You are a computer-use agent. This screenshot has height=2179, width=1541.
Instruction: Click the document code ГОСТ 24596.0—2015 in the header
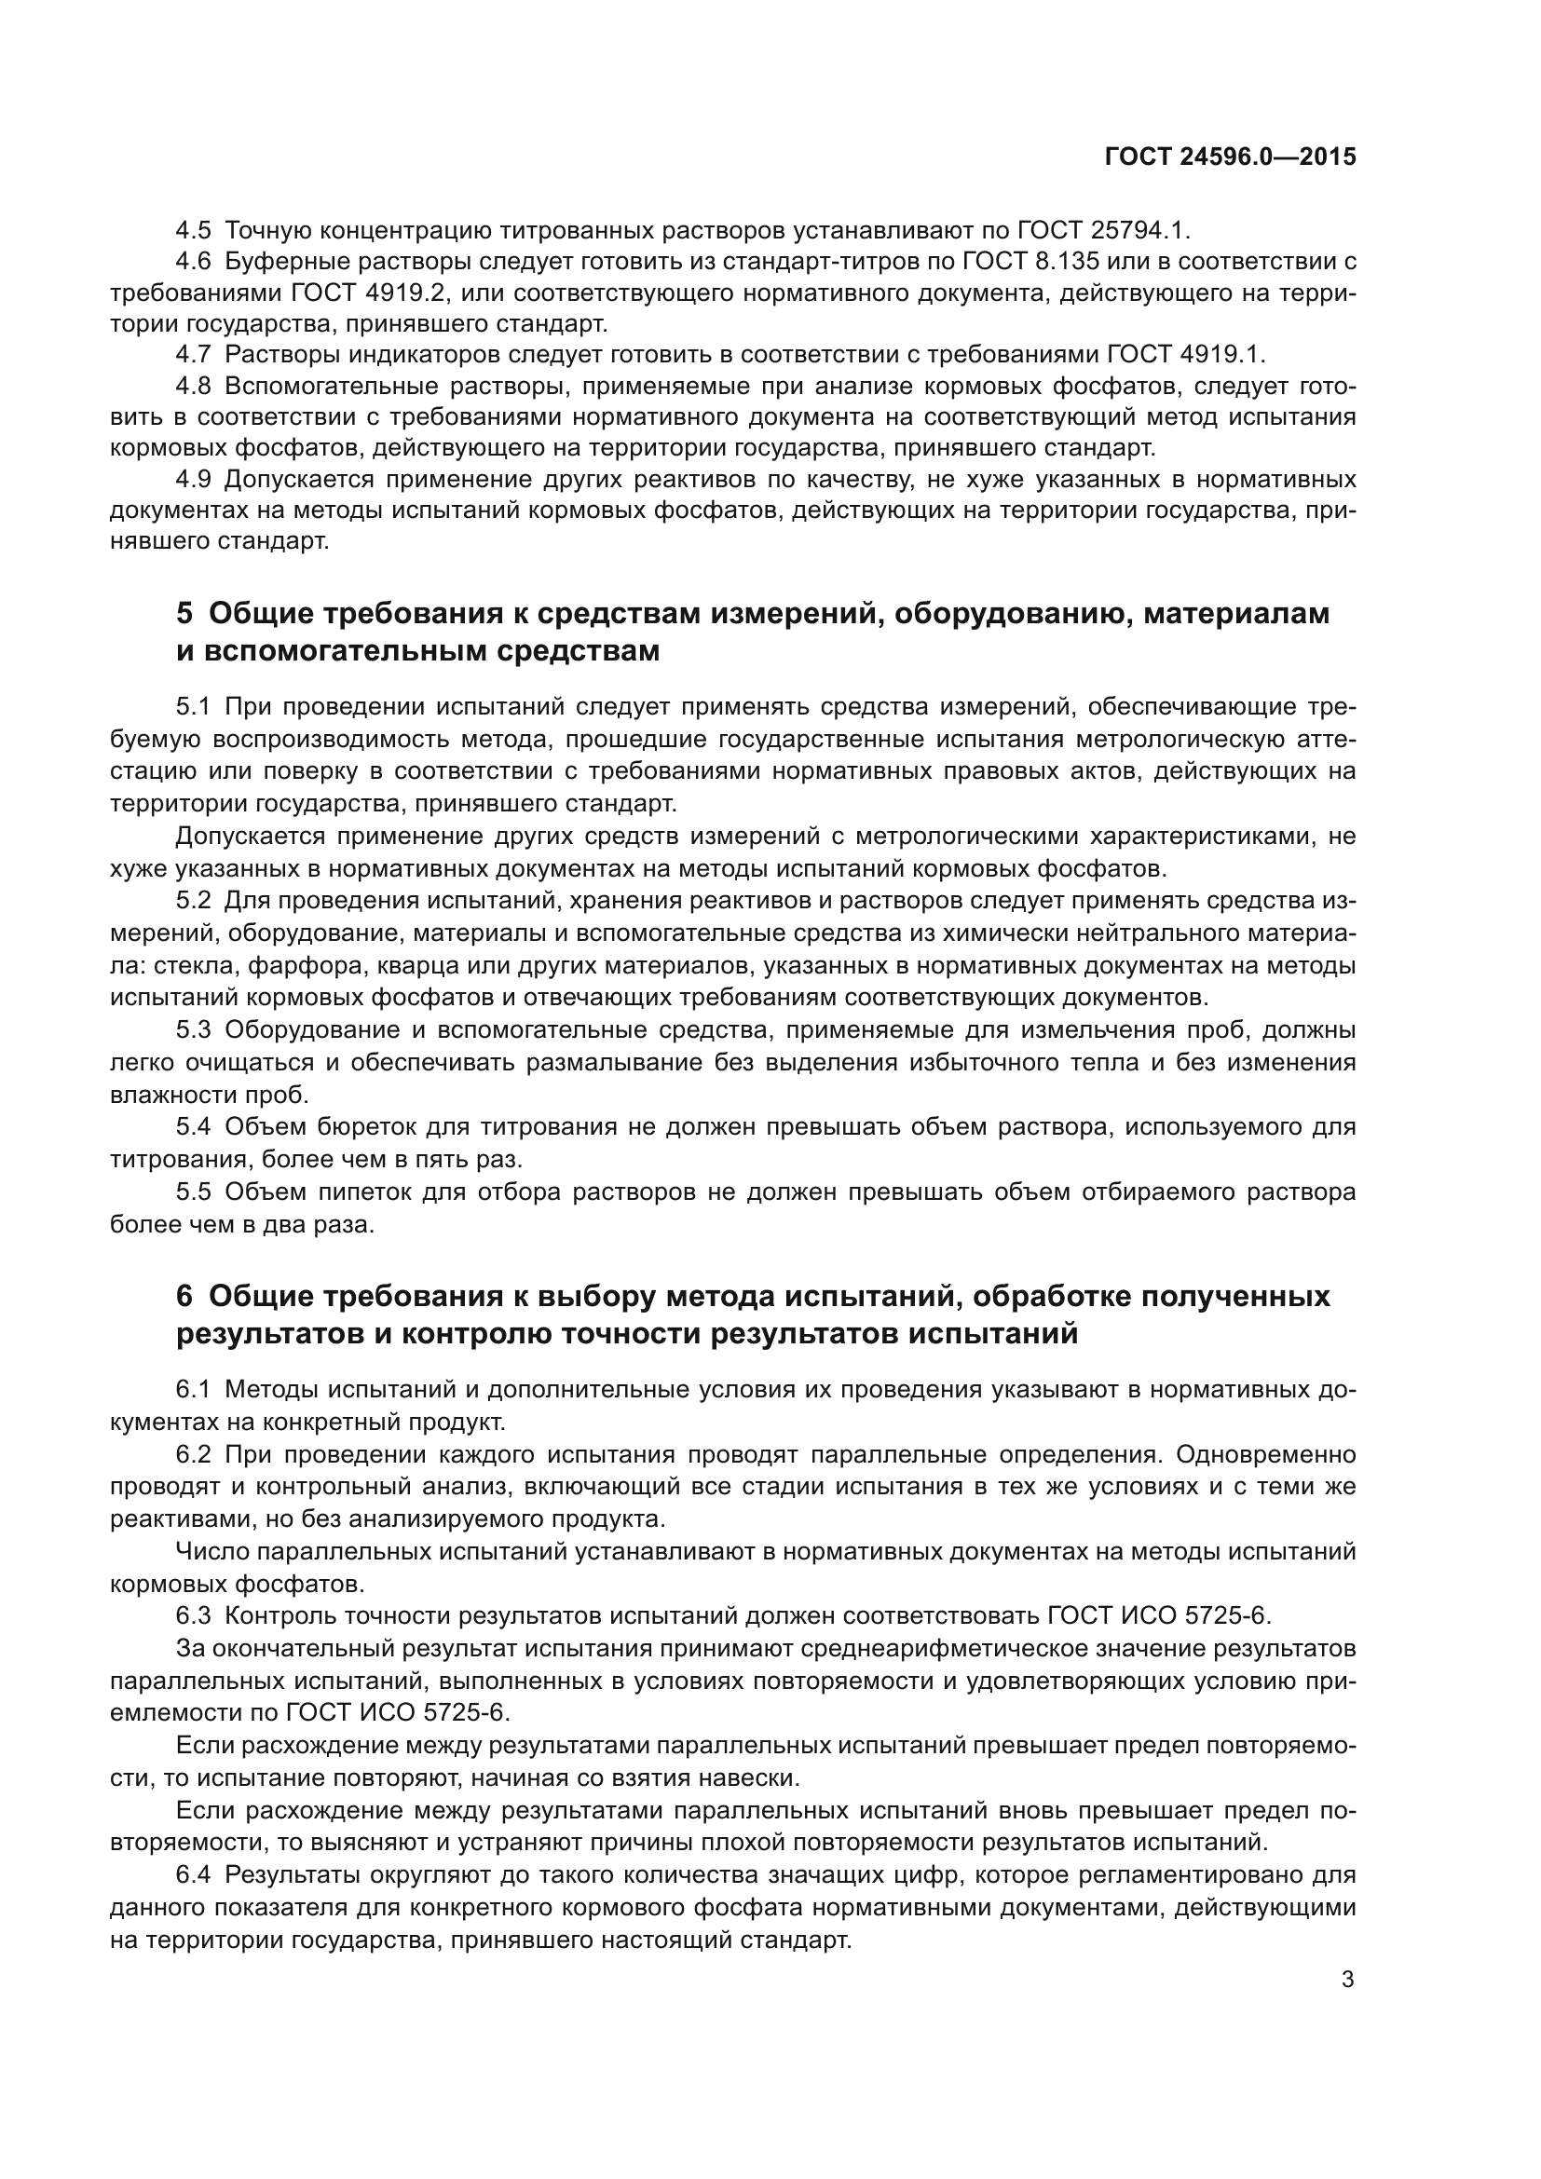[1230, 157]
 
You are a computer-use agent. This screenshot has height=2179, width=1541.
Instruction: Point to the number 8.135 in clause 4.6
[1069, 261]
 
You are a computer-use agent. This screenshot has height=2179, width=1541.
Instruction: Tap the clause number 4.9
[195, 479]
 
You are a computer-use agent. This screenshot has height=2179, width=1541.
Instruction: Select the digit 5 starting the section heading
[184, 613]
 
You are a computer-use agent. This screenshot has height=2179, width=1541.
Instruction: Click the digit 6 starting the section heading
[184, 1296]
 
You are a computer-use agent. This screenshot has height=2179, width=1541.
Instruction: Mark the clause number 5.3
[195, 1029]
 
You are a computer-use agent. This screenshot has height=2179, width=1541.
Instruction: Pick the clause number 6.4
[195, 1874]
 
